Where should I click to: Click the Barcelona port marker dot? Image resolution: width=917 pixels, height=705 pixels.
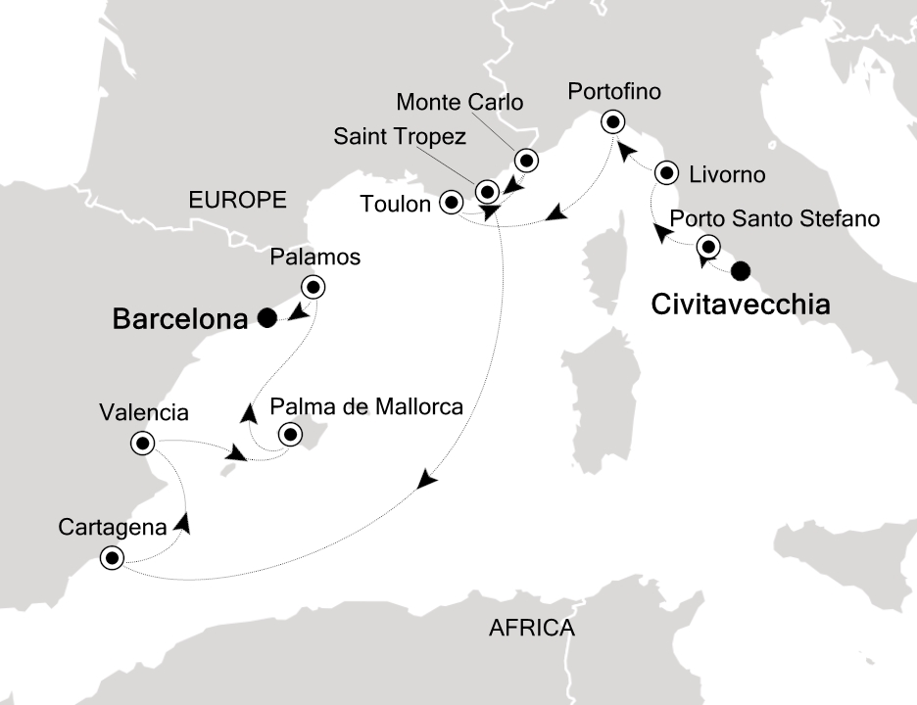(265, 317)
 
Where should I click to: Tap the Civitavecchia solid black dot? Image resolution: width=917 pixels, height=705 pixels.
(742, 270)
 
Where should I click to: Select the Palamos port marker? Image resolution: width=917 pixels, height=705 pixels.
(313, 288)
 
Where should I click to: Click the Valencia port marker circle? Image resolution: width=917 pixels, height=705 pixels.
(143, 445)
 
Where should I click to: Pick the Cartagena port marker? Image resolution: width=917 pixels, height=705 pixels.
(112, 560)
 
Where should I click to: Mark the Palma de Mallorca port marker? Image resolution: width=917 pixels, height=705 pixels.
(290, 434)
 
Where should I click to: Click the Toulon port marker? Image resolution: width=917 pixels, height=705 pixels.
(452, 203)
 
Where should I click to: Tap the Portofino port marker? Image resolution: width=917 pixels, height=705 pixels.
(613, 122)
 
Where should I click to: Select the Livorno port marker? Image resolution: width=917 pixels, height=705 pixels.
(667, 173)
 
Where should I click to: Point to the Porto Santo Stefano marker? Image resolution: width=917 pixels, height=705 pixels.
(707, 247)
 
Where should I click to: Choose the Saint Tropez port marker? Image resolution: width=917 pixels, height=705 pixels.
(487, 191)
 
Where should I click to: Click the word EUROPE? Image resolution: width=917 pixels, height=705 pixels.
(237, 201)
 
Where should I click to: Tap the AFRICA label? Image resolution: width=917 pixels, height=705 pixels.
(531, 629)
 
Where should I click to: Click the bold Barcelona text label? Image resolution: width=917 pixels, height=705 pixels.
(180, 318)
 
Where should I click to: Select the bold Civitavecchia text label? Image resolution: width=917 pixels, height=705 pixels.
(741, 305)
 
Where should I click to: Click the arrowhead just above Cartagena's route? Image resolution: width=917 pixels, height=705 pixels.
(183, 525)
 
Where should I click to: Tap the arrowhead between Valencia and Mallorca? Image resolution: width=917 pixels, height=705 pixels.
(235, 454)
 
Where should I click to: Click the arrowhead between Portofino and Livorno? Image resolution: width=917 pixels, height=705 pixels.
(631, 149)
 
